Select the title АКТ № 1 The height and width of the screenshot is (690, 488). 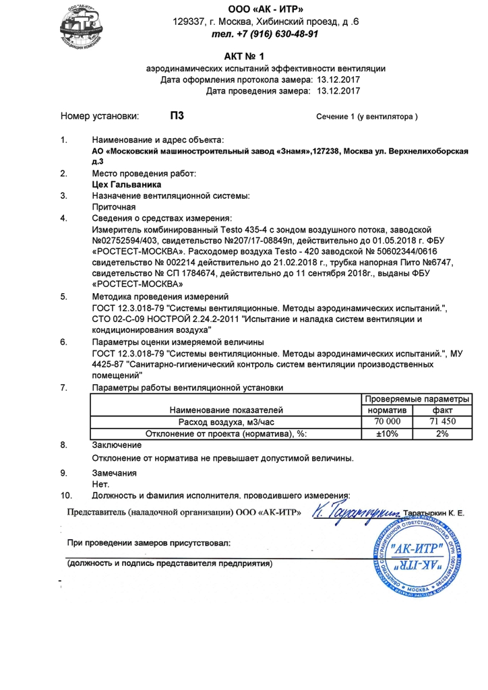(x=244, y=56)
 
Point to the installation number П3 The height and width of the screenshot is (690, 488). (x=177, y=116)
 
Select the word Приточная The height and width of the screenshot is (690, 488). (x=113, y=207)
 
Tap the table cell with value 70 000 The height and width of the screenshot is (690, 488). (x=387, y=421)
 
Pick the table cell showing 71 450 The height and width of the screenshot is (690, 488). (x=441, y=421)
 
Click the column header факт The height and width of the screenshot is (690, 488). (x=441, y=410)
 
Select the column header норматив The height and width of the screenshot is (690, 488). (x=387, y=410)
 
